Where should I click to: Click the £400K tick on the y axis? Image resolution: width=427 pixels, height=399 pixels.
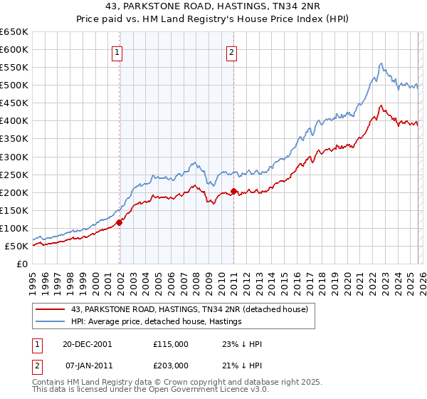pos(14,121)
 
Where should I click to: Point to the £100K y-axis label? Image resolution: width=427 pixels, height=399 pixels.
pos(14,228)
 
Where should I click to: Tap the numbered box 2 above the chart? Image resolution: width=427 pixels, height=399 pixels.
pos(232,51)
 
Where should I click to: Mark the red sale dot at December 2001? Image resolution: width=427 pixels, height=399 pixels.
pos(120,222)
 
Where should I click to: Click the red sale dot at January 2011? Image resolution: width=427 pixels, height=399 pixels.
pos(233,191)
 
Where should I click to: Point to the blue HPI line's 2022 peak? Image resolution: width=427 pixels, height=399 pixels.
pos(381,63)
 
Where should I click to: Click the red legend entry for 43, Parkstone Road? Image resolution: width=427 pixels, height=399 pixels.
pos(189,309)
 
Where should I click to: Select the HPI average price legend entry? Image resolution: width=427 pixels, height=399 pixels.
pos(157,322)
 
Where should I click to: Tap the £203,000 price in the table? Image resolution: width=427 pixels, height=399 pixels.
pos(171,364)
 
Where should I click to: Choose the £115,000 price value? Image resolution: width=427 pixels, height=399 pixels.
pos(171,344)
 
